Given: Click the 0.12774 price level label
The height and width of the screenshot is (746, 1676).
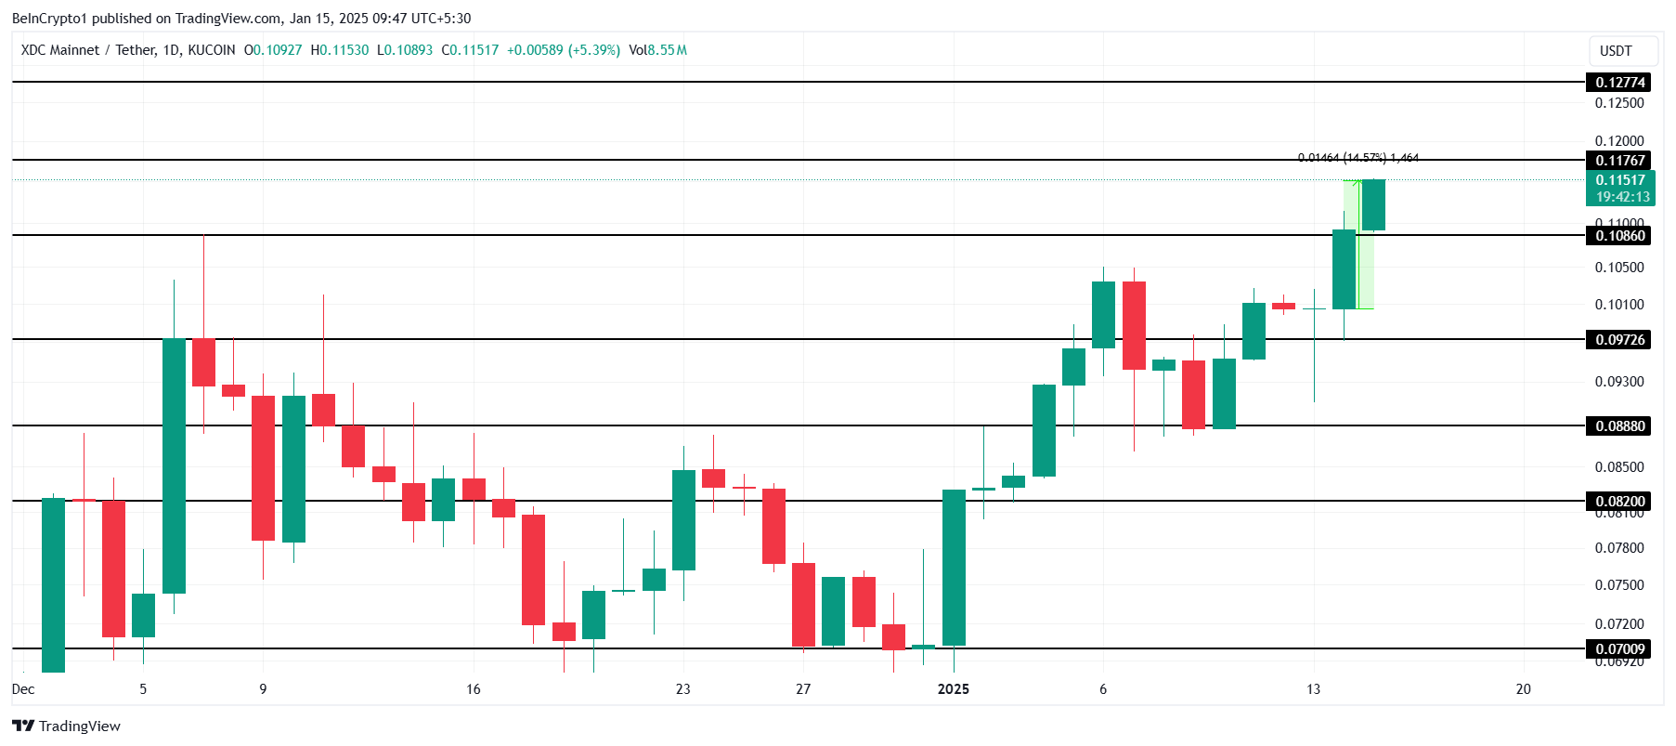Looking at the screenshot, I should coord(1619,83).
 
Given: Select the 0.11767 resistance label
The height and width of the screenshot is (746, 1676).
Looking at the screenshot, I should coord(1619,161).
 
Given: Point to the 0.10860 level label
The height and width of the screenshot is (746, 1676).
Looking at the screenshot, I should coord(1619,236).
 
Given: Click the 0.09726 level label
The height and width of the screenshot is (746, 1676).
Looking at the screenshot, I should coord(1619,340).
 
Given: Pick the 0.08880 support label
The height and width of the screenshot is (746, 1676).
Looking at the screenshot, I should coord(1619,426).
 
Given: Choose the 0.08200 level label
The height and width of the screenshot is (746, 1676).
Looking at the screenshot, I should coord(1619,502).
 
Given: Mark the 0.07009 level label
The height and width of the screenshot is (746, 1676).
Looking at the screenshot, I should coord(1619,649).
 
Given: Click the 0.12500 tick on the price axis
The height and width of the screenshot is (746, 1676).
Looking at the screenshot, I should coord(1619,103).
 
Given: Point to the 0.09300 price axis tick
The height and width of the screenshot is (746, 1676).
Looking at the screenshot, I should coord(1619,382).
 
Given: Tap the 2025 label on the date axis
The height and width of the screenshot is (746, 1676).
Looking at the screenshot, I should coord(954,689).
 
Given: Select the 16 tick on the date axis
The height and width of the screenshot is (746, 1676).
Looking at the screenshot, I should coord(474,689).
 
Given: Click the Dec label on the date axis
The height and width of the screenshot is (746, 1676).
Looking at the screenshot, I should coord(23,689).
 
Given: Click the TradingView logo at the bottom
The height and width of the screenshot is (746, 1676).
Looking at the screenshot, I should coord(67,726).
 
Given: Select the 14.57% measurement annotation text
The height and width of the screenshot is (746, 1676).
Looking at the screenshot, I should coord(1365,158).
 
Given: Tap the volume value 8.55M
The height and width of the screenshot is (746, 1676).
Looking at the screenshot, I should coord(668,50).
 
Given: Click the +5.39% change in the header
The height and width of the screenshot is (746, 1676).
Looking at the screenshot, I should coord(593,50).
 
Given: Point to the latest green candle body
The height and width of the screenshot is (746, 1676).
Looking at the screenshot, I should coord(1373,204).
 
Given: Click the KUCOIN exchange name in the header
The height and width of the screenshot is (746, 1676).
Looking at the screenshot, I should coord(212,50).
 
